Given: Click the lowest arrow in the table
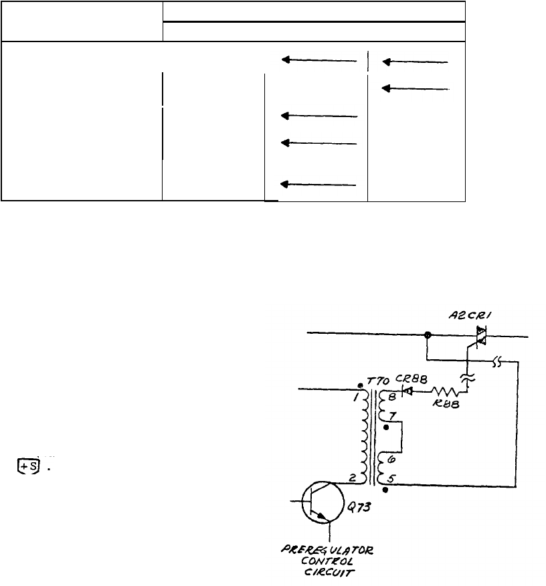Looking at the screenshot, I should pyautogui.click(x=318, y=184).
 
